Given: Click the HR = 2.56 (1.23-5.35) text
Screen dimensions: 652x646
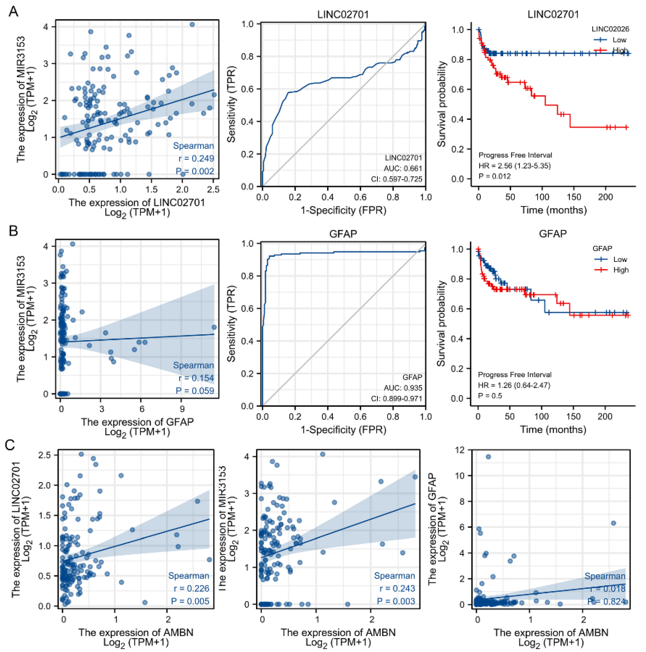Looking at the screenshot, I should pos(515,166).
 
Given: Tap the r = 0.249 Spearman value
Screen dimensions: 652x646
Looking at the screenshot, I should pos(196,159).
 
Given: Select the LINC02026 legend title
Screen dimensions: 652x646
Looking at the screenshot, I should pos(610,29).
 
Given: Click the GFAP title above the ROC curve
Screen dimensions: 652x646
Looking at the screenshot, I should pos(343,234).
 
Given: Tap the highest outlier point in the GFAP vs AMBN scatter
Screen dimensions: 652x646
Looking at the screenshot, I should pos(488,457).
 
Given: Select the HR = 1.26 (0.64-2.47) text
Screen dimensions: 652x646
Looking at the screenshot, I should pos(514,385).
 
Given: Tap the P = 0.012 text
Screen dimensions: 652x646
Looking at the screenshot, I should pos(495,176).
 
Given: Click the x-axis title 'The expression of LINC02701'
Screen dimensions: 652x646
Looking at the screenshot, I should pos(137,202).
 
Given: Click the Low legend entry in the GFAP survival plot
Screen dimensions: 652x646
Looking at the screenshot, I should pos(620,259).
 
